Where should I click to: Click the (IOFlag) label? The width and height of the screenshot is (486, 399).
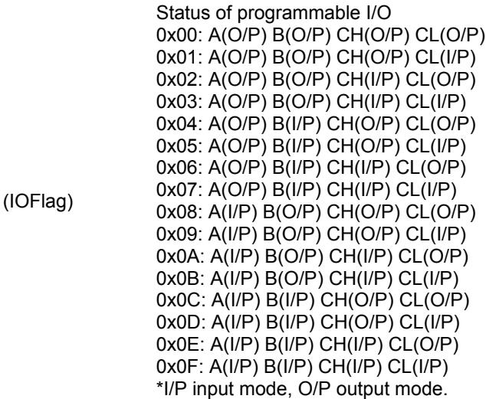coord(38,202)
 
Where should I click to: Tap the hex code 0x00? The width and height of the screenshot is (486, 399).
coord(179,35)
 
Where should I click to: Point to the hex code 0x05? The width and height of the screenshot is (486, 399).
coord(179,146)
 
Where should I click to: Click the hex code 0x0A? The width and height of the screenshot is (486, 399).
coord(180,256)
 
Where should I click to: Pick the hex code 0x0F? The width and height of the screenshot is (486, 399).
coord(180,367)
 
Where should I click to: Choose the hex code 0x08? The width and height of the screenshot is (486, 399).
coord(179,212)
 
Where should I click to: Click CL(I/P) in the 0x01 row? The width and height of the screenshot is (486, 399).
coord(445,58)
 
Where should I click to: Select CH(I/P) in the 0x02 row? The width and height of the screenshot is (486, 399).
coord(368,80)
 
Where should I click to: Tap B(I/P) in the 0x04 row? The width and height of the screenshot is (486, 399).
coord(297,124)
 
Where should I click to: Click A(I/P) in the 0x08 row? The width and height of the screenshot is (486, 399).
coord(233,212)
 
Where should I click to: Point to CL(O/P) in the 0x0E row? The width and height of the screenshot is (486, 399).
coord(423,345)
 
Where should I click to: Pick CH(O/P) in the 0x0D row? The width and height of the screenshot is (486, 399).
coord(356,323)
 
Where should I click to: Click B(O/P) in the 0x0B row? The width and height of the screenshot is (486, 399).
coord(294,279)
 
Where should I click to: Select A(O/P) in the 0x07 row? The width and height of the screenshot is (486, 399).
coord(238,191)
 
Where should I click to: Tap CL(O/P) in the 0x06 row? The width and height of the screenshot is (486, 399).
coord(432,168)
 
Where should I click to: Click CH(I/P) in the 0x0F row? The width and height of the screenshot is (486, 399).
coord(350,367)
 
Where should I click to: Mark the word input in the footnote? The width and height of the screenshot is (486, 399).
coord(214,389)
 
